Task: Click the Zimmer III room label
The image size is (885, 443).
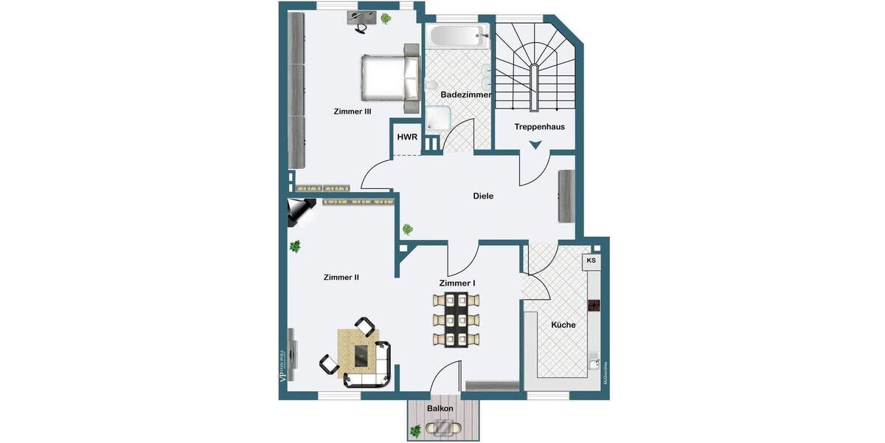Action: pos(352,111)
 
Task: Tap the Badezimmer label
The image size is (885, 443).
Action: pos(465,95)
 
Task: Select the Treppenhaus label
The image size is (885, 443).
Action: pos(539,127)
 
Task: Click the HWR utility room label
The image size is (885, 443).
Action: pos(407,137)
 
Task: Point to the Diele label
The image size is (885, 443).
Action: pos(483,196)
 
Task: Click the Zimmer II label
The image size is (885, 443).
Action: pos(341,278)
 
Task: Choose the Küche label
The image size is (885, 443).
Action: pos(563,325)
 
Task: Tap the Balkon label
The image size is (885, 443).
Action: pos(440,408)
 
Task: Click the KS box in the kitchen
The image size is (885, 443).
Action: pos(591,261)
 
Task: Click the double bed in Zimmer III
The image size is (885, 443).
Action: pos(389,77)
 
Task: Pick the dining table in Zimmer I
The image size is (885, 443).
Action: pos(457,320)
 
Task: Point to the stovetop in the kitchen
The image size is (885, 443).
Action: pos(594,305)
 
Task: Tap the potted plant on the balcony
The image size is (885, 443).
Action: pos(417,430)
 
